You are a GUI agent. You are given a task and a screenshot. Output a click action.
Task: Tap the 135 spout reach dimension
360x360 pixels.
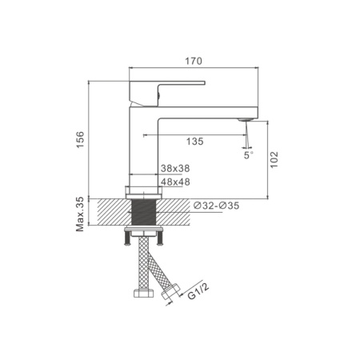tap(193, 142)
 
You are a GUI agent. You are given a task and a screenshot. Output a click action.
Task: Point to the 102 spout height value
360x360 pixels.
tap(274, 158)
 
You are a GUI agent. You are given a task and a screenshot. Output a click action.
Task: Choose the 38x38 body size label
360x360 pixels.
tap(175, 170)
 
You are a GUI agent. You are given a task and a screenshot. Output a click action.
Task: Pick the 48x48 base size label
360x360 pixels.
tap(175, 183)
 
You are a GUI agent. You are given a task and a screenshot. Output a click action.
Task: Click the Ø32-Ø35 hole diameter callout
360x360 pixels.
tap(215, 206)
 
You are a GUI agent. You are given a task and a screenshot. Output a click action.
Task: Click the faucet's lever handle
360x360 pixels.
tap(180, 83)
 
